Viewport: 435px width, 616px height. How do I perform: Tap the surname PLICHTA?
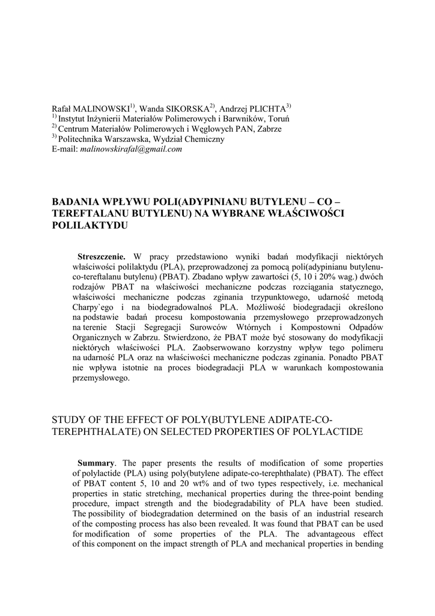pyautogui.click(x=263, y=109)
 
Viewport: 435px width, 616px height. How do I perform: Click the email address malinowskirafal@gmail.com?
pyautogui.click(x=131, y=149)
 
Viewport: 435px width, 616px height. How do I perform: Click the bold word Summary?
pyautogui.click(x=96, y=463)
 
